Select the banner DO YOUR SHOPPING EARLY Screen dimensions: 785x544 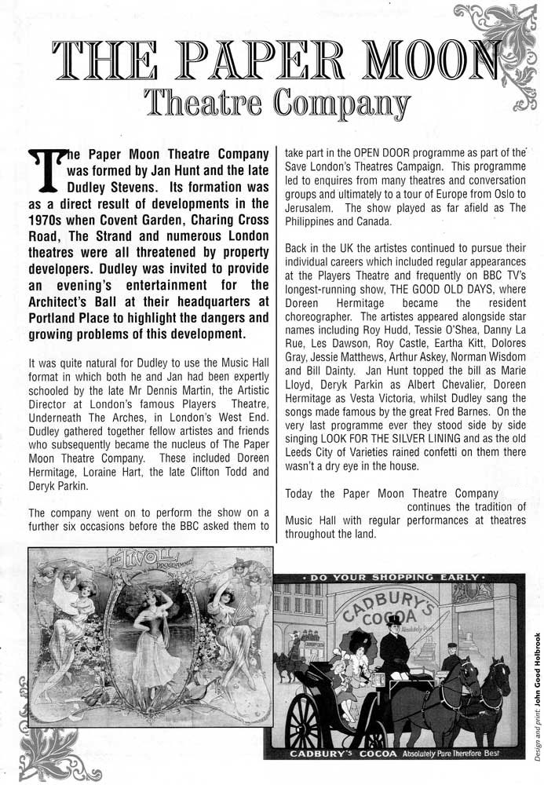[396, 579]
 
